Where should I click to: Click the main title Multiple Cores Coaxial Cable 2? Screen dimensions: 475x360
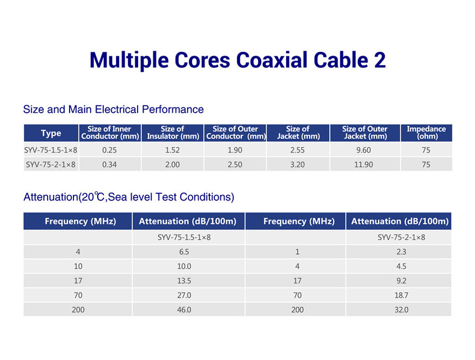tap(238, 60)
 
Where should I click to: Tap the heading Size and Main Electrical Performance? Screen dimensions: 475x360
tap(113, 109)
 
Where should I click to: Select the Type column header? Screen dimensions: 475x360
tap(51, 133)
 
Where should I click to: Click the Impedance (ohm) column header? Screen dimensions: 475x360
tap(426, 133)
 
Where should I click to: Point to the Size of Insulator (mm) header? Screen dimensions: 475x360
tap(173, 133)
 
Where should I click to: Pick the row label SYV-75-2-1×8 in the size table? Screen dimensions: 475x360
tap(51, 165)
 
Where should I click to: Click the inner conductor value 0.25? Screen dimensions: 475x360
tap(109, 150)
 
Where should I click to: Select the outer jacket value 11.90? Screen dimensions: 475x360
tap(363, 165)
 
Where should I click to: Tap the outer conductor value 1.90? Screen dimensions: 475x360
tap(235, 150)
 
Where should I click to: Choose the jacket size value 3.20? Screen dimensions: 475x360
tap(298, 165)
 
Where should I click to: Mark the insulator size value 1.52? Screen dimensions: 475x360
tap(172, 150)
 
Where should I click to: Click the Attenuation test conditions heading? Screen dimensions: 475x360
tap(129, 197)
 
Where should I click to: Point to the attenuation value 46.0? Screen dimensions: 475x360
tap(184, 310)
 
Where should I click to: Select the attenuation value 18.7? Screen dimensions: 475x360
tap(402, 295)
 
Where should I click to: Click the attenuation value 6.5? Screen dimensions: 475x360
tap(184, 252)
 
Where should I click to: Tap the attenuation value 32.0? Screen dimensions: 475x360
tap(402, 310)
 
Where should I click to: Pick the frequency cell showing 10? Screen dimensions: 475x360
tap(78, 267)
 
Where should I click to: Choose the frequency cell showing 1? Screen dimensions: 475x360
tap(298, 252)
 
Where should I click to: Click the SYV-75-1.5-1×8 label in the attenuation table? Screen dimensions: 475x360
tap(184, 237)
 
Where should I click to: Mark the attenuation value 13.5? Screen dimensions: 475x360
tap(184, 280)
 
